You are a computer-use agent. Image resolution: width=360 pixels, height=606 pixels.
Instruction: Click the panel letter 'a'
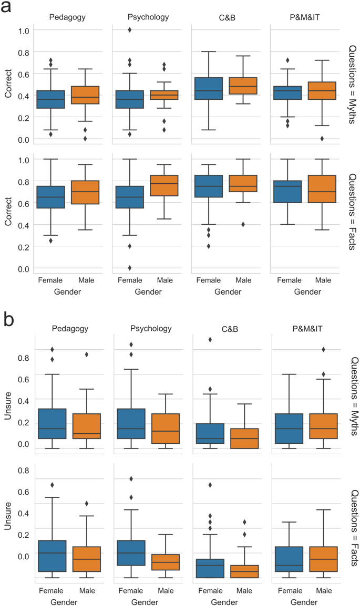[x=9, y=10]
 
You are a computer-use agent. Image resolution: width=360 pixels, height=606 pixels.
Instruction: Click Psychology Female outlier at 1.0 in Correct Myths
[x=129, y=30]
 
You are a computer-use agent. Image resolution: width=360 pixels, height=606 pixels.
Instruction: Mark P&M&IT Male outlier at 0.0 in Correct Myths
[x=322, y=139]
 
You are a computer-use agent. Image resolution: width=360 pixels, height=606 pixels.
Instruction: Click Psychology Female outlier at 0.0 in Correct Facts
[x=129, y=268]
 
